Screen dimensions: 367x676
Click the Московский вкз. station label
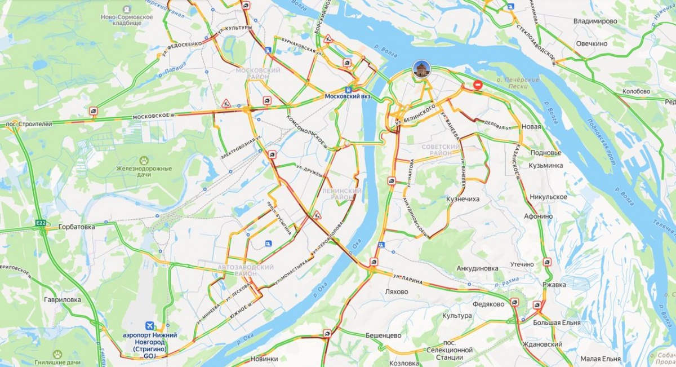click(x=352, y=96)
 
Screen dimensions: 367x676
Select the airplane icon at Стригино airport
click(x=150, y=325)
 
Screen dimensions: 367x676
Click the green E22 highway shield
click(x=41, y=223)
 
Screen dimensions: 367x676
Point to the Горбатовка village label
click(x=76, y=227)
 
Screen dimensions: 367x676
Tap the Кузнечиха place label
click(x=462, y=199)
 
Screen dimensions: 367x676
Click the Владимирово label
click(x=595, y=21)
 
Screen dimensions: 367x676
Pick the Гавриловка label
click(x=63, y=300)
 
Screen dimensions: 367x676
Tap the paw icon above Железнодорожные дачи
click(x=145, y=160)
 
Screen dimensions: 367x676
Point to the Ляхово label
click(x=396, y=292)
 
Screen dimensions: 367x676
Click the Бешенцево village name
click(x=383, y=335)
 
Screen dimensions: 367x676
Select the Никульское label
click(x=548, y=197)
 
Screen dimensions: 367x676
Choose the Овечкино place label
click(x=591, y=43)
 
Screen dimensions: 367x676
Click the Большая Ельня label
click(x=555, y=322)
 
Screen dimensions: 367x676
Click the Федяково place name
click(x=488, y=304)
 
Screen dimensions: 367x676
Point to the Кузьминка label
click(x=545, y=165)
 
